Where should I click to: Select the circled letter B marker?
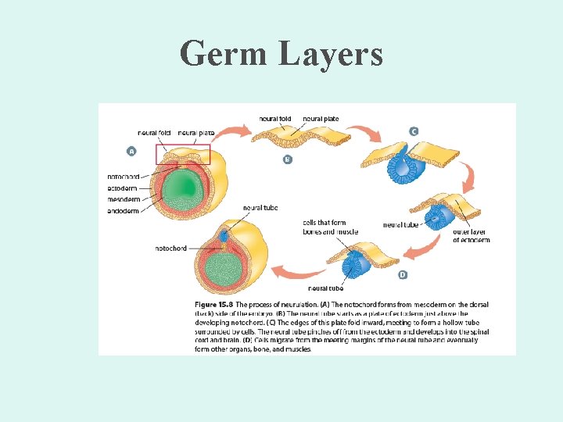pos(288,159)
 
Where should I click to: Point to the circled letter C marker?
pos(414,131)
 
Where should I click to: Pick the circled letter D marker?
pos(402,274)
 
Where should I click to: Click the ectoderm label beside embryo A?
pos(124,188)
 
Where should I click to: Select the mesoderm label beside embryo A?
pos(124,199)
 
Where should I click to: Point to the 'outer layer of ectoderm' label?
pos(472,236)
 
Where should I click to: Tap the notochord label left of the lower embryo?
pos(171,249)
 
